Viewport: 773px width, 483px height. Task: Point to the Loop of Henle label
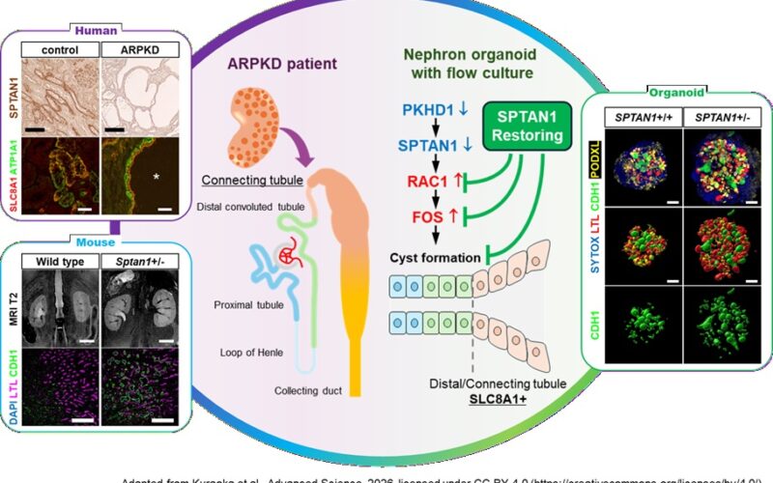click(250, 354)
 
